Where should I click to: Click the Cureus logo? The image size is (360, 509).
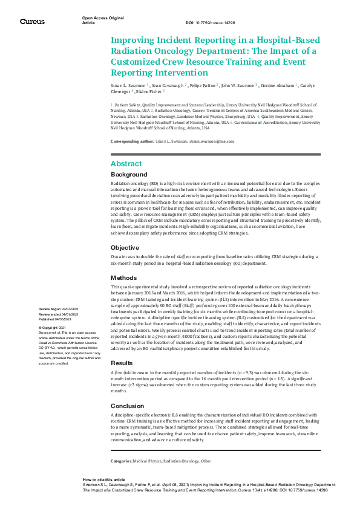[32, 21]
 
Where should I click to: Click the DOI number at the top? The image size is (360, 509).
[218, 21]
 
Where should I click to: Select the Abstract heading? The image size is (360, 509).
[126, 164]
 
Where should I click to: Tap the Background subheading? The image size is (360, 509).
[129, 174]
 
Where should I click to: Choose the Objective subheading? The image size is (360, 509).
[125, 248]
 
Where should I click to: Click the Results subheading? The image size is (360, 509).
[122, 363]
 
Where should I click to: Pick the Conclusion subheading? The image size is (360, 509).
[128, 406]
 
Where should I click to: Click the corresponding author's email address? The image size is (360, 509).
[211, 141]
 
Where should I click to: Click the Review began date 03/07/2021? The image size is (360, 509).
[58, 308]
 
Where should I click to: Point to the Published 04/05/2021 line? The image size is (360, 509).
[56, 317]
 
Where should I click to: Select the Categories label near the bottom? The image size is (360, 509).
[125, 460]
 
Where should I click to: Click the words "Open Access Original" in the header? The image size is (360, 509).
[99, 18]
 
